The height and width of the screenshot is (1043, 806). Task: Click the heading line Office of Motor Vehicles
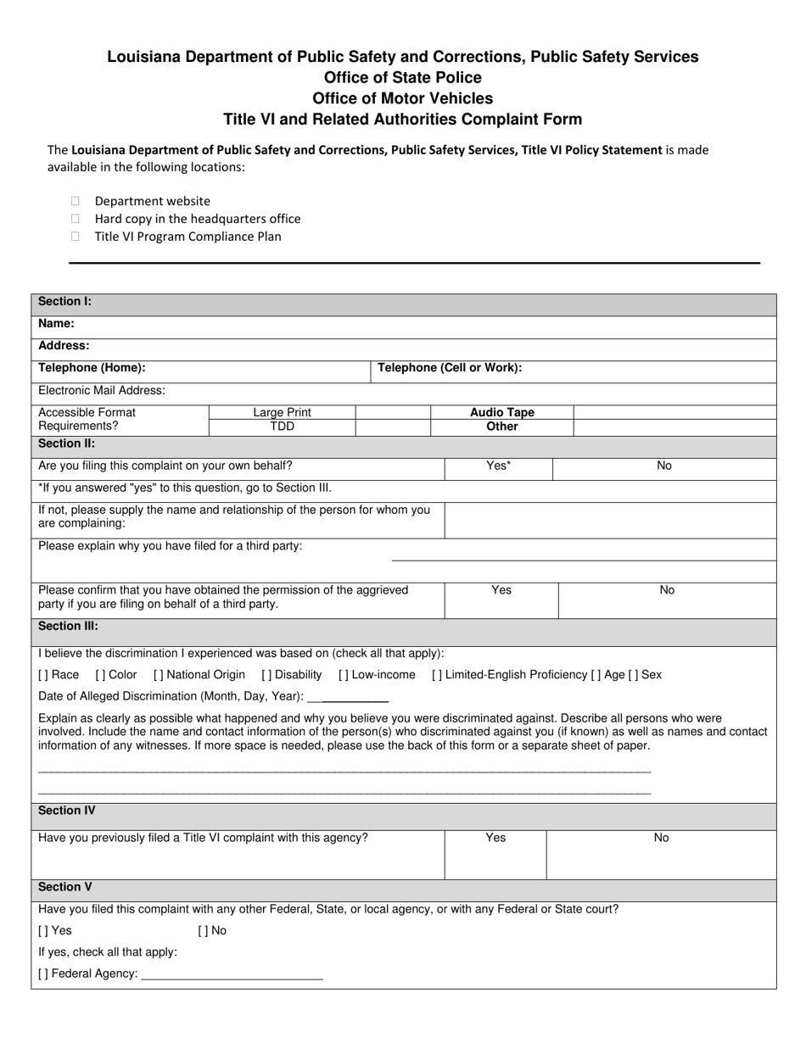click(402, 98)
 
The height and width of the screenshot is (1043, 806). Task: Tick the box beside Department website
click(76, 201)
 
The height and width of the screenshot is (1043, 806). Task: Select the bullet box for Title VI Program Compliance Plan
click(76, 237)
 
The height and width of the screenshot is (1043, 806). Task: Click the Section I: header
click(64, 302)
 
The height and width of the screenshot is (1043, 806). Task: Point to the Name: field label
click(56, 324)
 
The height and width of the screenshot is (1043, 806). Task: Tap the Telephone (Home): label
click(92, 368)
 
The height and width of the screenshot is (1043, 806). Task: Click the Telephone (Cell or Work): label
click(449, 368)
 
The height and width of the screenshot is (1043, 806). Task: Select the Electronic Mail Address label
click(102, 391)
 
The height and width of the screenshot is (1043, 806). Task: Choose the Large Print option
click(282, 413)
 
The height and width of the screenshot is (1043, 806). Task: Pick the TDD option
click(282, 427)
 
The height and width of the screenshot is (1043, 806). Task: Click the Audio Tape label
click(502, 413)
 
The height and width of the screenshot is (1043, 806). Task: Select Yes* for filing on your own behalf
click(498, 466)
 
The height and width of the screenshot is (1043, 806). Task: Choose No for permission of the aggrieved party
click(667, 590)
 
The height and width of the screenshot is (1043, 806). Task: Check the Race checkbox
click(43, 675)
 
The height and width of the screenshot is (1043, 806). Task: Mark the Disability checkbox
click(266, 675)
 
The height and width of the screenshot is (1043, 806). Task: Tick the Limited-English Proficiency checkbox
click(436, 675)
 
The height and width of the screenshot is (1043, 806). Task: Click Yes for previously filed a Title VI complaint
click(495, 838)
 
